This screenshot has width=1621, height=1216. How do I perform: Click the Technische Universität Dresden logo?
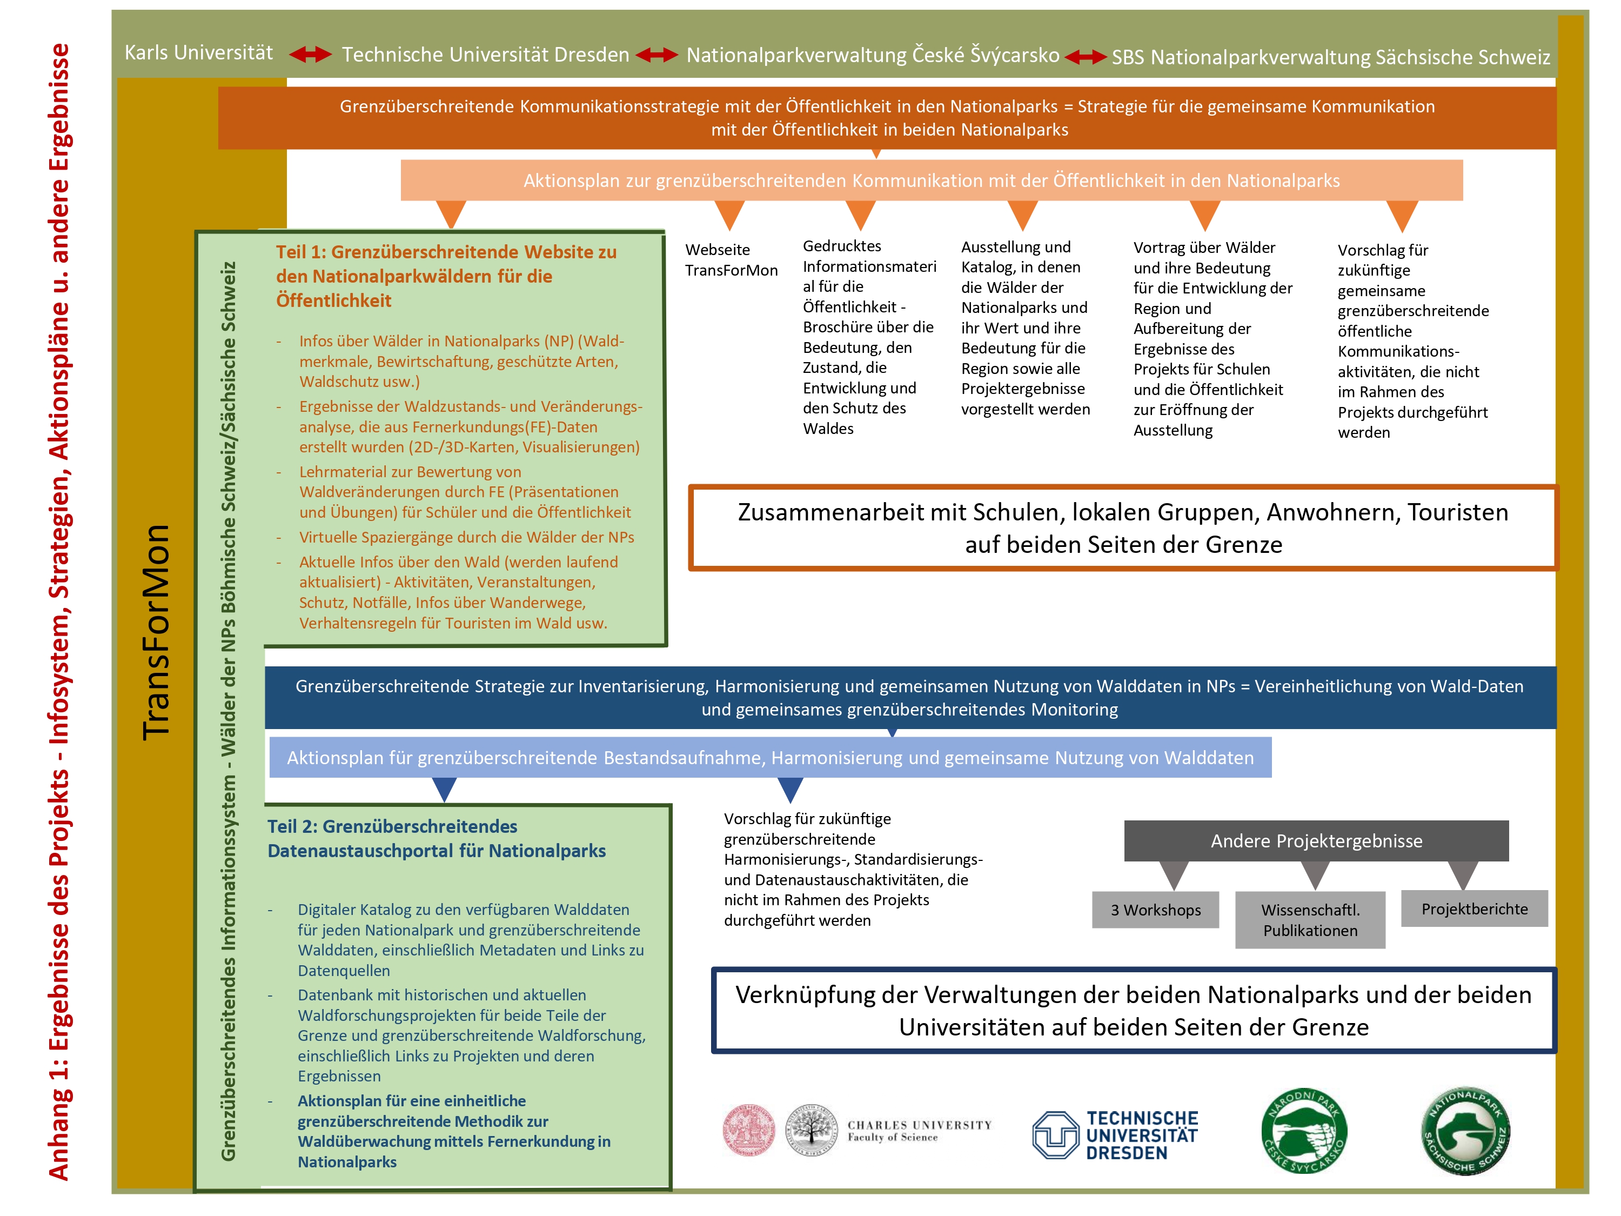click(1115, 1134)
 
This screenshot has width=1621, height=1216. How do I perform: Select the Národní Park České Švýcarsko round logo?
click(1304, 1130)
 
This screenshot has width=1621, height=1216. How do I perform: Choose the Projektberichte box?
click(1475, 909)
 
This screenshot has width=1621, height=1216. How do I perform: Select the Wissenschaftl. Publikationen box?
click(1310, 920)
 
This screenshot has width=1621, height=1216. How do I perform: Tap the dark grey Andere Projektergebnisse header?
click(1316, 841)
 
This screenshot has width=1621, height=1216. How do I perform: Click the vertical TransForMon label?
click(156, 632)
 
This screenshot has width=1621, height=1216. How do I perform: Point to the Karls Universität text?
click(199, 53)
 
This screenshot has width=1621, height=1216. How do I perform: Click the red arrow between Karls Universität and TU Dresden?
click(310, 54)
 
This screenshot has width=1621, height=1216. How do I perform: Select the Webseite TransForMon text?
click(731, 260)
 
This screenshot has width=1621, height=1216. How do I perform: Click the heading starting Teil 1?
click(446, 276)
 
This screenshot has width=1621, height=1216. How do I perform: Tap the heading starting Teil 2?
click(436, 839)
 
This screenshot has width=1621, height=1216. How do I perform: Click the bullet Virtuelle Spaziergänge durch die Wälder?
click(466, 537)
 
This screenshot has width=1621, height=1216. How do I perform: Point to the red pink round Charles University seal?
click(748, 1130)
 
